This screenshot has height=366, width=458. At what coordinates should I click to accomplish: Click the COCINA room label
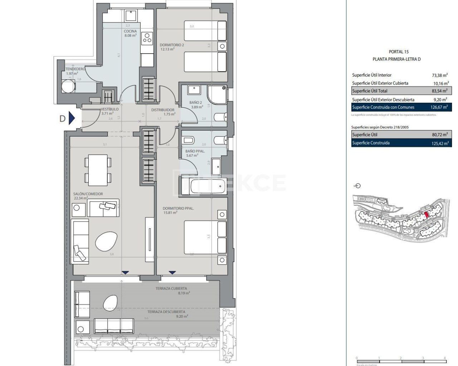tap(130, 31)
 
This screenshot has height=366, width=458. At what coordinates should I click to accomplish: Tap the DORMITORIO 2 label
tap(172, 45)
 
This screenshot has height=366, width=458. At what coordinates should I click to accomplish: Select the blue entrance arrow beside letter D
tap(72, 118)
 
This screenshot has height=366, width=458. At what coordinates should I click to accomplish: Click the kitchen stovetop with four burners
tap(147, 37)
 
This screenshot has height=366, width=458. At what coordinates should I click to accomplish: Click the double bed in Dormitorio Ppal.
tap(205, 238)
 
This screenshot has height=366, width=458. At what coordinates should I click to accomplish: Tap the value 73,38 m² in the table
tap(440, 75)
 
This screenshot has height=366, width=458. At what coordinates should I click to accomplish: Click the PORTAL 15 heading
tap(399, 52)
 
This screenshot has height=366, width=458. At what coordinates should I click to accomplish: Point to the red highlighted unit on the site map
tap(426, 215)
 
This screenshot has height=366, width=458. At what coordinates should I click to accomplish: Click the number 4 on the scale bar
tap(445, 358)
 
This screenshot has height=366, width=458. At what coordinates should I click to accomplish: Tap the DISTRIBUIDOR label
tap(163, 110)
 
